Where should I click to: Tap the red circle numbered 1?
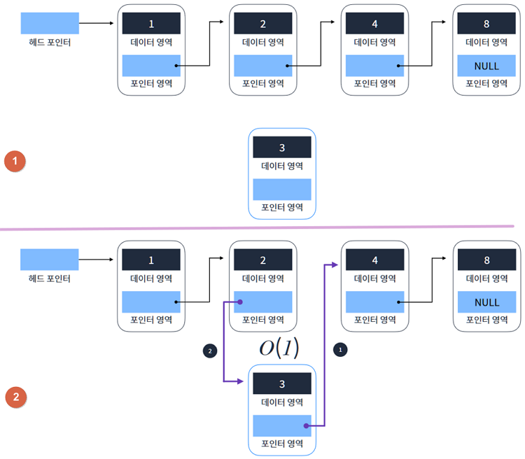pos(15,162)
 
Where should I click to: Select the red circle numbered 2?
pos(15,397)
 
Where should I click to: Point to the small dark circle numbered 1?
pos(341,348)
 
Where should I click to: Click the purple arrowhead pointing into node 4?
pos(337,265)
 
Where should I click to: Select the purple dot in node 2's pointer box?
pos(239,302)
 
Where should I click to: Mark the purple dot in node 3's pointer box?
pos(307,425)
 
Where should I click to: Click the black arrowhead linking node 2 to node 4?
pos(337,22)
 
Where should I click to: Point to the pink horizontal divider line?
pos(259,227)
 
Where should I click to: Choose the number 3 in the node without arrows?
pos(281,148)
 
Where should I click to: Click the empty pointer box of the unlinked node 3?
pos(281,190)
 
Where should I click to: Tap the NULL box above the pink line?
pos(486,66)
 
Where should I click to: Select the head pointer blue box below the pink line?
pos(49,260)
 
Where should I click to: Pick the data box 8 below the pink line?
pos(486,260)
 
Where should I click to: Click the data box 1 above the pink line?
pos(151,23)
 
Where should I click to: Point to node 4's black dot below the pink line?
pos(398,302)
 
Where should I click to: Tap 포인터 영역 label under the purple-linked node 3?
pos(281,443)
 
